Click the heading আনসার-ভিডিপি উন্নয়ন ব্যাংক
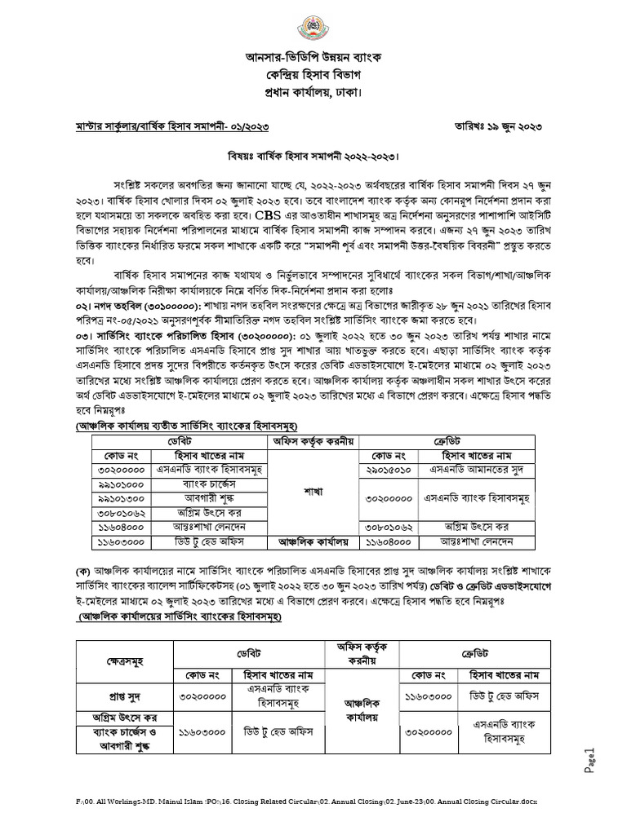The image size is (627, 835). click(x=313, y=59)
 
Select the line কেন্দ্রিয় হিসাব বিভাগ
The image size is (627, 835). click(x=313, y=77)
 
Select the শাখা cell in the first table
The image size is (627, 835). click(x=315, y=492)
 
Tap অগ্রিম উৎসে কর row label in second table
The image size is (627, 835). click(x=125, y=718)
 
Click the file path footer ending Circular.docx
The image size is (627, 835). click(x=313, y=803)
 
